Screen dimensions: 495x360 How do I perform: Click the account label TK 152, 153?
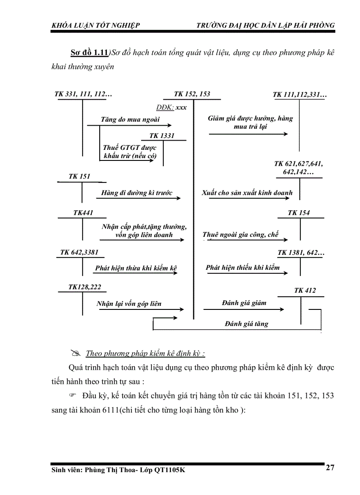point(192,94)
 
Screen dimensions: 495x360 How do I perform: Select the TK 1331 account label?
point(162,136)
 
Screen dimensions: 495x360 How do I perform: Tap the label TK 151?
point(79,176)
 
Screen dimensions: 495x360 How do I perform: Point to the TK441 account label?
point(83,213)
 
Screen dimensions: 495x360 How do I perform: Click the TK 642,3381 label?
point(79,253)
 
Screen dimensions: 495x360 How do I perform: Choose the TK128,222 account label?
point(85,287)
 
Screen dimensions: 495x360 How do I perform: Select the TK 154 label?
point(299,213)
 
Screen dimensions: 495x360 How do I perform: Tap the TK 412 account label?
point(305,290)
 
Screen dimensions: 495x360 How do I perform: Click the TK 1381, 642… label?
point(301,253)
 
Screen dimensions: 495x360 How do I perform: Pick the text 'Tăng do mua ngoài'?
point(130,119)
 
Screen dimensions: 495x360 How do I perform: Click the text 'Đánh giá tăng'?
point(246,324)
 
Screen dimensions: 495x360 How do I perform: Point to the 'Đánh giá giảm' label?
point(244,303)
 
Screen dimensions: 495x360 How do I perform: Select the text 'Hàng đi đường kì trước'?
point(137,193)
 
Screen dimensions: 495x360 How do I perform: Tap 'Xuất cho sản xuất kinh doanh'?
point(247,193)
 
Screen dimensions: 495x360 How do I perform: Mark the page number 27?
point(330,468)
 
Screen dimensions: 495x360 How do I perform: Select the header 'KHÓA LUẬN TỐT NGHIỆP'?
point(96,26)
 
